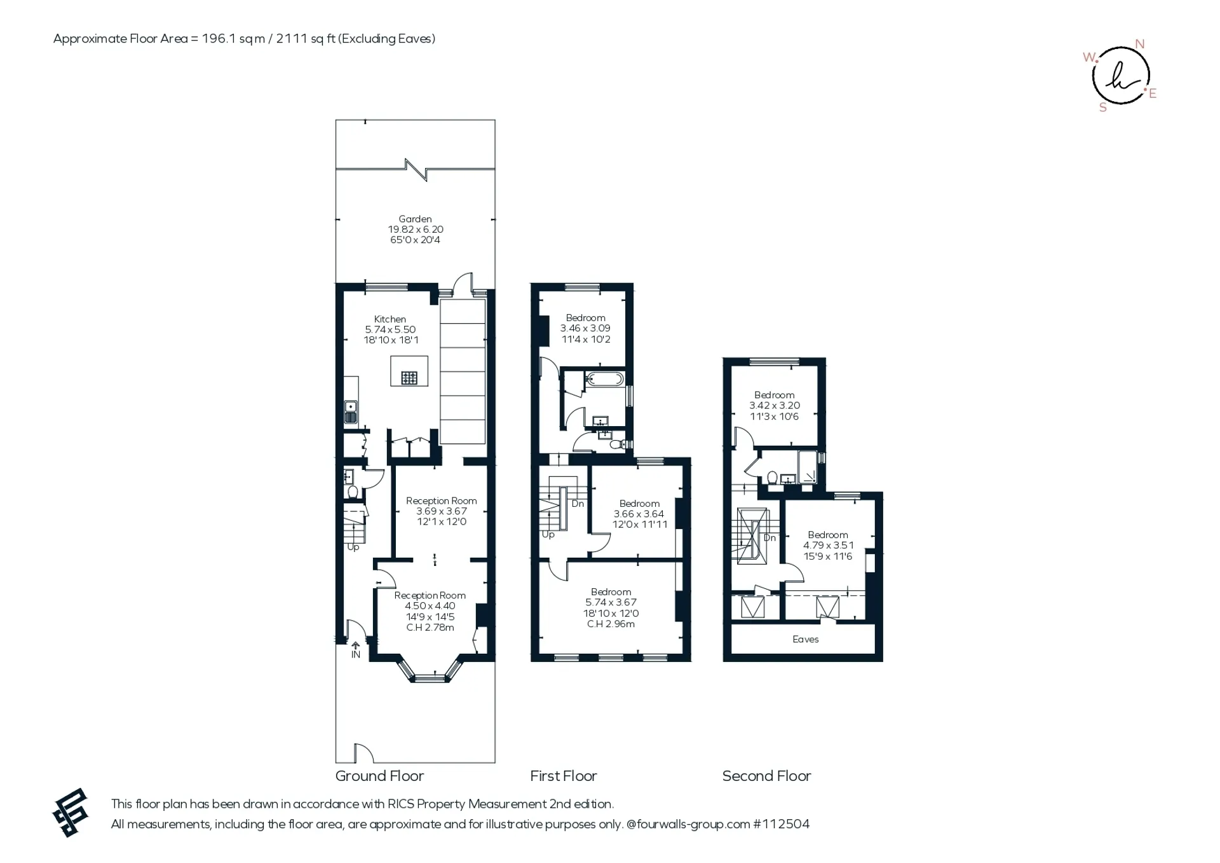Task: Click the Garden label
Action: [415, 219]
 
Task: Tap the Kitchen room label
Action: [390, 319]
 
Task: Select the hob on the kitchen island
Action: [409, 378]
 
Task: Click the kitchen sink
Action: [351, 411]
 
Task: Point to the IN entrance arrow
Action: [355, 645]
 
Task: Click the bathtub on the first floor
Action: [604, 379]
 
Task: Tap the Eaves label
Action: [806, 639]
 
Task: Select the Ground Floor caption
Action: [379, 776]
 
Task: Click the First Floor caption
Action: [564, 776]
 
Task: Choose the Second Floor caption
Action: [767, 776]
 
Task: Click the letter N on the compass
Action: [1140, 44]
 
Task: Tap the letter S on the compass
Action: [1103, 108]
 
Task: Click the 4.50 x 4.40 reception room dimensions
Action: [430, 606]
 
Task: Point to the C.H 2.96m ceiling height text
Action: [611, 624]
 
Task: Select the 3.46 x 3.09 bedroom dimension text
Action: [585, 328]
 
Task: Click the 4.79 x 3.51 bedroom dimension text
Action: [828, 545]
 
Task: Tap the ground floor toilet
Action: [353, 492]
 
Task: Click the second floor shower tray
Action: [808, 467]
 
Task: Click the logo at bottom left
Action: [70, 813]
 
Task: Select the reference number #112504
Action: [782, 824]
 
